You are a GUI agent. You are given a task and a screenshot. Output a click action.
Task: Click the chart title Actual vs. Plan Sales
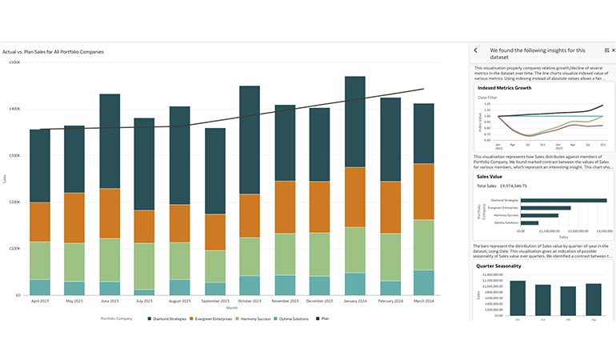[x=53, y=52]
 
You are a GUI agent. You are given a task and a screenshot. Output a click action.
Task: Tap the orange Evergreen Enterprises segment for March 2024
[x=425, y=192]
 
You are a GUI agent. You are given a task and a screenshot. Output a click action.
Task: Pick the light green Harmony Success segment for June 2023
[x=110, y=259]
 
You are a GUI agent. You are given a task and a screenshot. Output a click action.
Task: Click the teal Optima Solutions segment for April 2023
[x=40, y=286]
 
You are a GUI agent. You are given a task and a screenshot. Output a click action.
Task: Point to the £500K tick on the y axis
[x=15, y=62]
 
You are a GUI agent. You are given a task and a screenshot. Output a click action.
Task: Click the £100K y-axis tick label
[x=15, y=248]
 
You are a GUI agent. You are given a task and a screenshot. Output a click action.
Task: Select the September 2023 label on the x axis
[x=215, y=301]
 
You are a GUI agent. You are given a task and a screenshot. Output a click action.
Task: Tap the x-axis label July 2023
[x=145, y=301]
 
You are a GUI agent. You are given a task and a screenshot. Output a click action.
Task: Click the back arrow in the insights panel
[x=476, y=50]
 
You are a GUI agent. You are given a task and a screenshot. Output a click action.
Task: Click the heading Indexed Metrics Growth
[x=504, y=88]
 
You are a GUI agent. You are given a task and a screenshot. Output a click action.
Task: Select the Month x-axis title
[x=232, y=307]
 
